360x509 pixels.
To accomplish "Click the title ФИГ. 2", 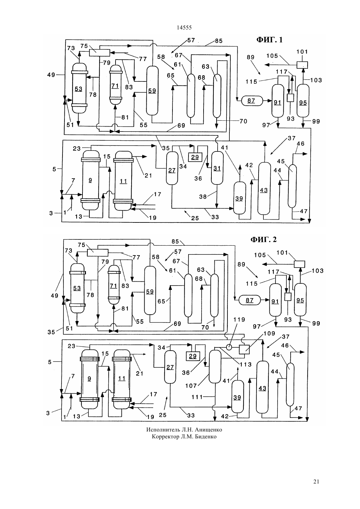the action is (x=263, y=239).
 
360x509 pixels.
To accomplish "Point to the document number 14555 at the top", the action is (x=184, y=27).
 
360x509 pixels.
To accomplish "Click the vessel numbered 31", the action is (x=217, y=168).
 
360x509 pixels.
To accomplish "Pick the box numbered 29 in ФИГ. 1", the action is (x=195, y=157).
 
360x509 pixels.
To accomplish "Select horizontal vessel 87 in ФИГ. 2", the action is (x=249, y=300).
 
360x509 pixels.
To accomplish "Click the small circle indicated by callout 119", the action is (x=229, y=347).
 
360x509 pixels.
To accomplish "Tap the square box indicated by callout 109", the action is (x=244, y=349).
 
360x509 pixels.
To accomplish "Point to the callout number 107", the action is (x=191, y=385).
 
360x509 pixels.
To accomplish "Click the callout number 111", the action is (x=197, y=397).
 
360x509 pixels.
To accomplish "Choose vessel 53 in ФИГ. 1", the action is (x=79, y=88).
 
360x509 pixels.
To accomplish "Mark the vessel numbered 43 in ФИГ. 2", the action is (x=262, y=387).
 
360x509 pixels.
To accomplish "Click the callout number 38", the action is (x=203, y=197).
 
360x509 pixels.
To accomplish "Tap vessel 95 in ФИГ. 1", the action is (x=303, y=101).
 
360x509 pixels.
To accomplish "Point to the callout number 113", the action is (x=246, y=364).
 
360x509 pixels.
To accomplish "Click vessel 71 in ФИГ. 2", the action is (x=114, y=285).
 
